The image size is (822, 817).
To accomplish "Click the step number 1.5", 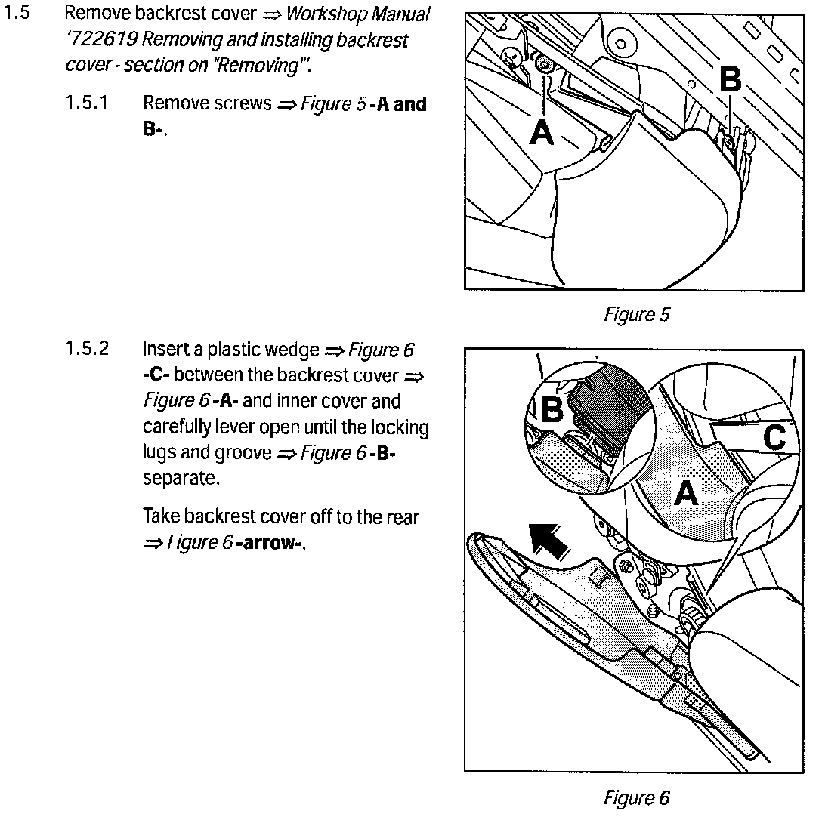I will [x=17, y=14].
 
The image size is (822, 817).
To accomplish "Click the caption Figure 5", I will [x=636, y=315].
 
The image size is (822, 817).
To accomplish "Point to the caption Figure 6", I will [x=636, y=797].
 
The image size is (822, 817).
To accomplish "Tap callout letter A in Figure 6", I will [x=685, y=495].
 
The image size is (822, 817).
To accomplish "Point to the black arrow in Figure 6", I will [x=549, y=539].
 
